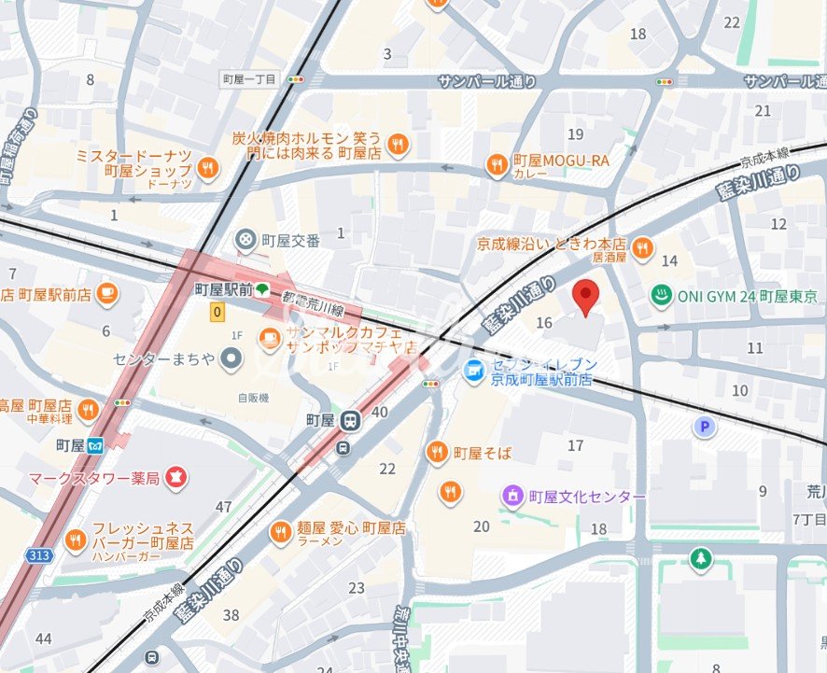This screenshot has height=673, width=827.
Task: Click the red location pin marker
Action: [x=585, y=296]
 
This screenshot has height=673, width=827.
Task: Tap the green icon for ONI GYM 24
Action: [x=661, y=296]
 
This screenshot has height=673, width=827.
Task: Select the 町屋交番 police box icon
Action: [x=245, y=240]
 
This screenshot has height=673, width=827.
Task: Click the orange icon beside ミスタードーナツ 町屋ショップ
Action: [x=207, y=168]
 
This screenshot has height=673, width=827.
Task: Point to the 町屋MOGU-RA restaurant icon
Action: [x=496, y=165]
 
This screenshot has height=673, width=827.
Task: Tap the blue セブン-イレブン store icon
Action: [x=474, y=371]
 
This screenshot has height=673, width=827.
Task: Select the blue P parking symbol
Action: [x=705, y=427]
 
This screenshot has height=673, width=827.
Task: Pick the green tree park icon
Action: [x=699, y=559]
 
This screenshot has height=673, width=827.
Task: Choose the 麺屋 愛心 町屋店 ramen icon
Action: [x=279, y=532]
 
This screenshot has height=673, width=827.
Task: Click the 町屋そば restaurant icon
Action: [x=436, y=453]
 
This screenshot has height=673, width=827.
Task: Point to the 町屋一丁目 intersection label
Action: [x=249, y=79]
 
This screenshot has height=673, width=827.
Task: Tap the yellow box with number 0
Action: [x=217, y=313]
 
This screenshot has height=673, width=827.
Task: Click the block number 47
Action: [x=223, y=507]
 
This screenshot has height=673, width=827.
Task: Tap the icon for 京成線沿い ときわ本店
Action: [x=641, y=247]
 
